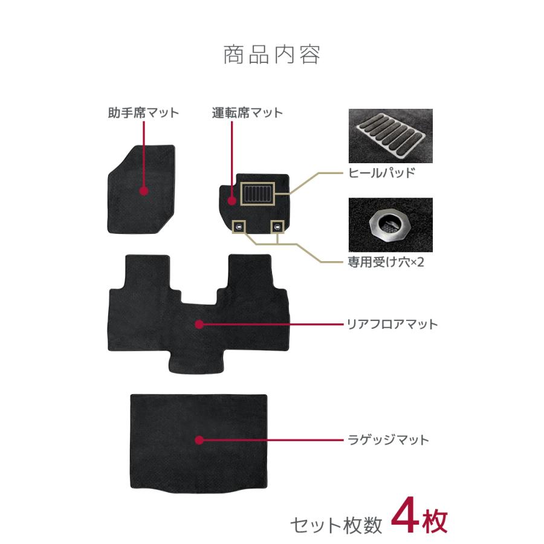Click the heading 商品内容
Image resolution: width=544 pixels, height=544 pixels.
pos(271,55)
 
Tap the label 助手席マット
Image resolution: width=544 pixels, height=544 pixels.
pos(143,112)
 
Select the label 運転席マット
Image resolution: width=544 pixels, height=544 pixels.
pos(247,112)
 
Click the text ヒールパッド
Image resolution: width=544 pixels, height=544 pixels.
pos(381,173)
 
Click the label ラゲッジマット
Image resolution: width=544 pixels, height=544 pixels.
pos(388,439)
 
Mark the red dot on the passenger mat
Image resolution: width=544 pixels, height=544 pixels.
pos(144,191)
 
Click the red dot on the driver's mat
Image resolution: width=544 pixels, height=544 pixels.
pos(233,199)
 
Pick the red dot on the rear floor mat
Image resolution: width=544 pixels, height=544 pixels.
pos(199,325)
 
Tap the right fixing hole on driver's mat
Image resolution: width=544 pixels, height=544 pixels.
pos(277,227)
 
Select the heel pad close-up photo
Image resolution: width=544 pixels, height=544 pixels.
pos(390,135)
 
